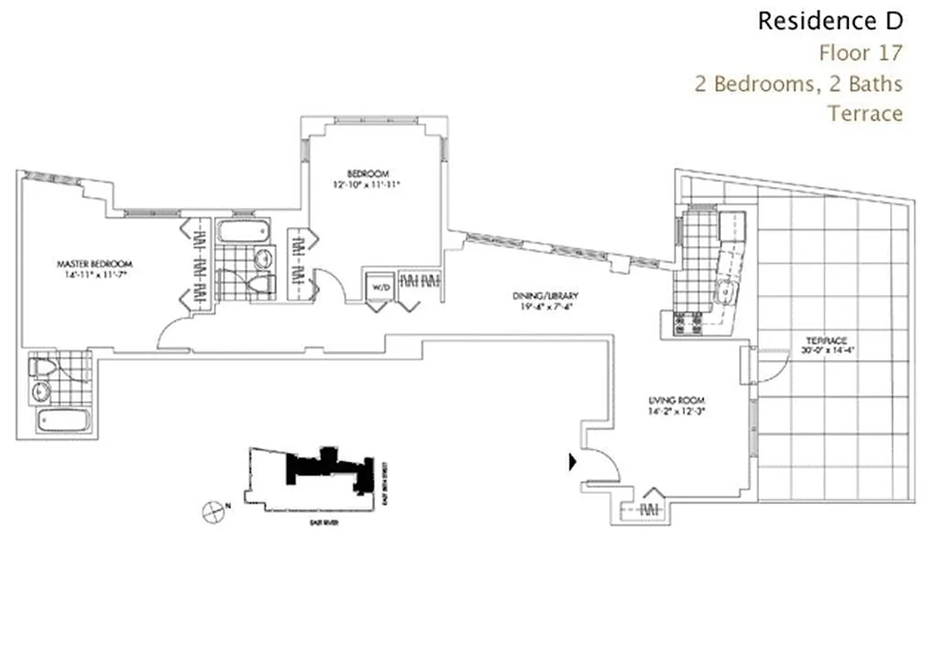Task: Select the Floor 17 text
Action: tap(860, 53)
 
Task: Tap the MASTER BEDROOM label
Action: tap(96, 264)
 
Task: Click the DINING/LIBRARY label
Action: tap(546, 296)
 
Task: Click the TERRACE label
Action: tap(826, 341)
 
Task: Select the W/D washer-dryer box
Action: tap(379, 286)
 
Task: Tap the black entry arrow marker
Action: tap(573, 462)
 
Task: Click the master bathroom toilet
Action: tap(41, 367)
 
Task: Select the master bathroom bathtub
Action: tap(57, 420)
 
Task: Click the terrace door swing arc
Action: tap(769, 366)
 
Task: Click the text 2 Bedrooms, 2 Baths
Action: tap(798, 83)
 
